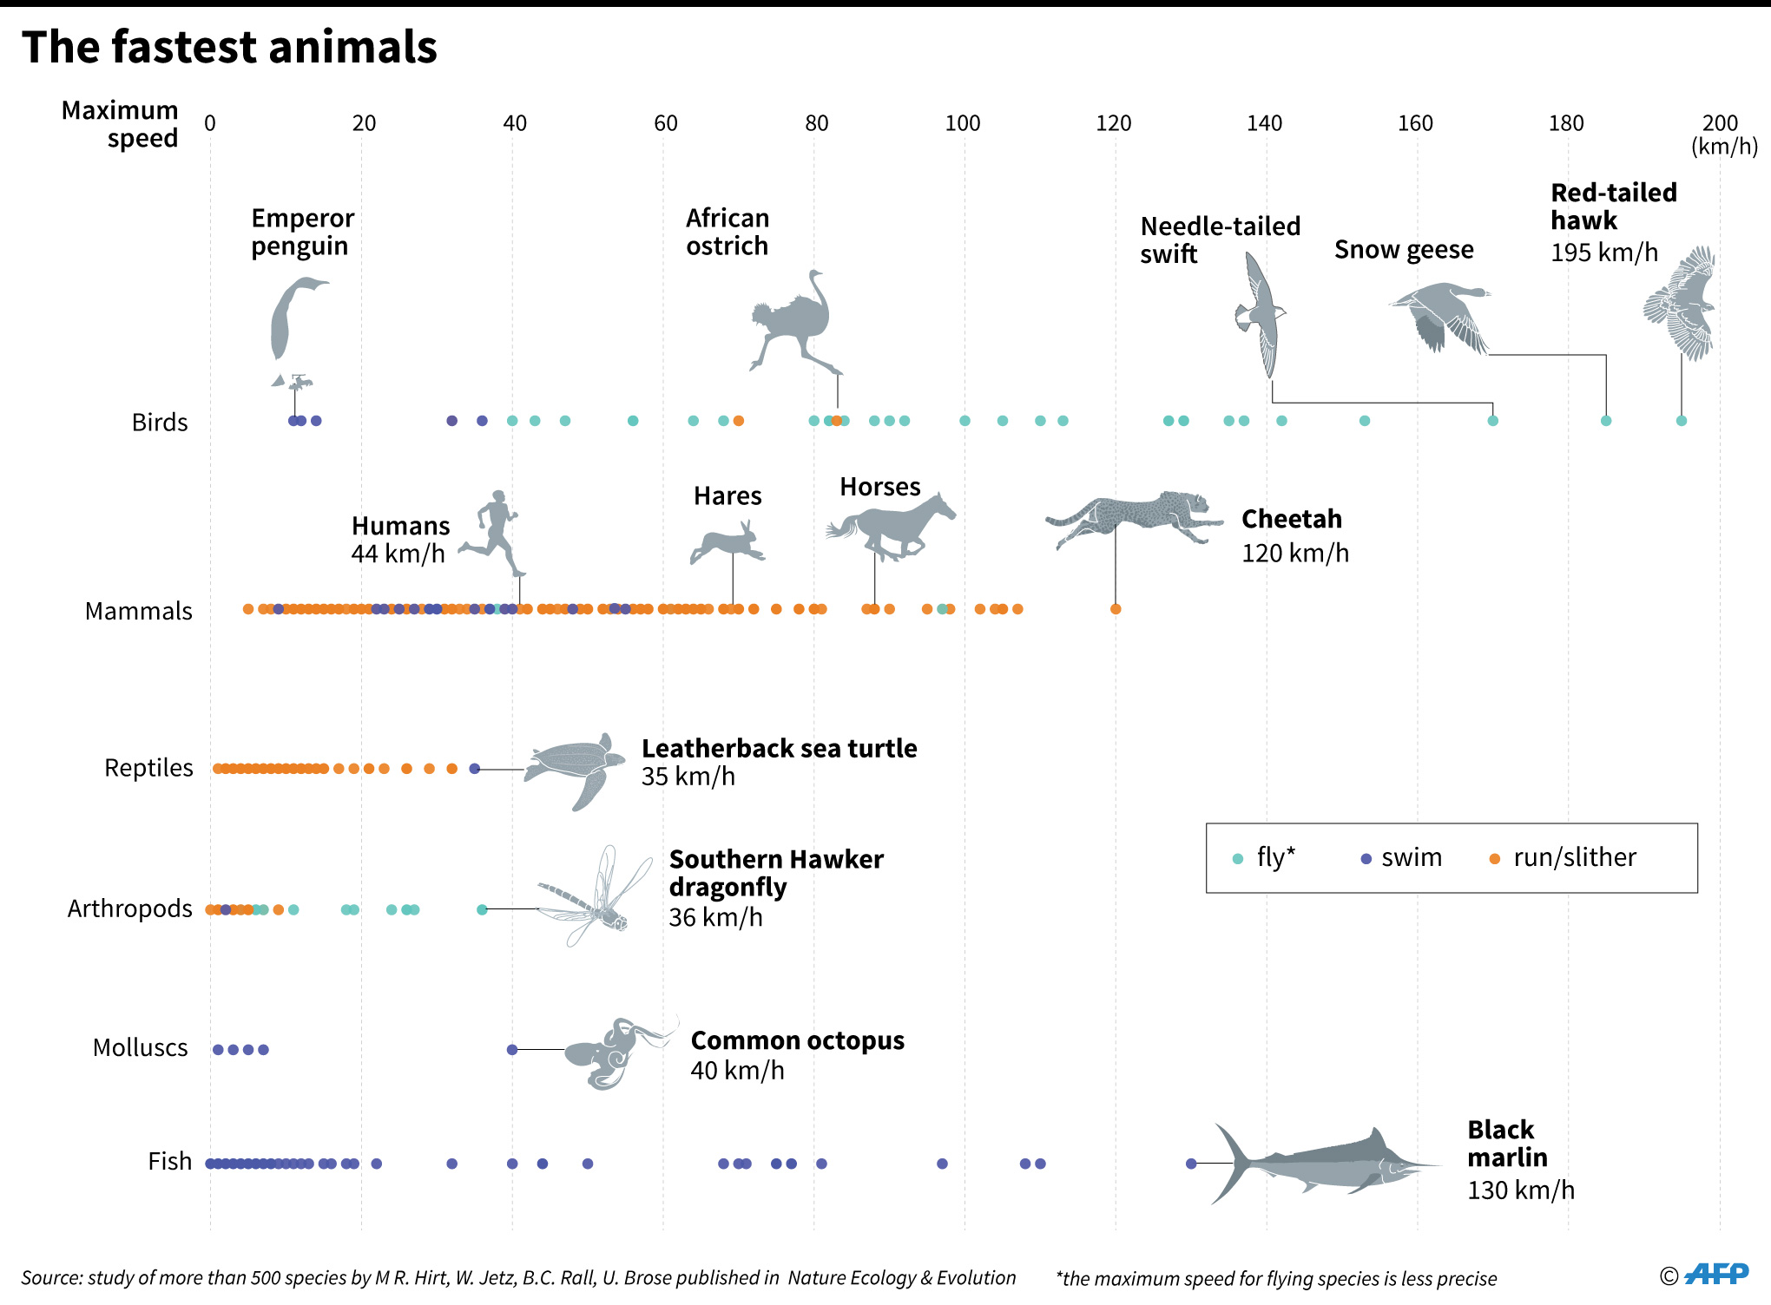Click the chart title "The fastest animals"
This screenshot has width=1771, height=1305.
tap(229, 47)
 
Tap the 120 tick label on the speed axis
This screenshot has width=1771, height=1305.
tap(1113, 123)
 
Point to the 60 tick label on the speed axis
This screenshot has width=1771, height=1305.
tap(665, 123)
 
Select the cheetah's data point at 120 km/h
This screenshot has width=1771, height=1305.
tap(1116, 609)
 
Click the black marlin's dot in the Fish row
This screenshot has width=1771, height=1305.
tap(1191, 1164)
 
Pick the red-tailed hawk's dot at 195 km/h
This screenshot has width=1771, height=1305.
tap(1682, 421)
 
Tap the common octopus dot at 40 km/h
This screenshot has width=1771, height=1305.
tap(512, 1050)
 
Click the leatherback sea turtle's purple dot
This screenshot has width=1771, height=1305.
tap(474, 769)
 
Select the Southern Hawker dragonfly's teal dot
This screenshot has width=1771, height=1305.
tap(482, 909)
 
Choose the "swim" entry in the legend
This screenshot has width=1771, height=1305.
tap(1401, 858)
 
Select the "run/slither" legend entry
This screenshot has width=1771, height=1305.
tap(1563, 858)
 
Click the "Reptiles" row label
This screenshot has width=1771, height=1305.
tap(148, 768)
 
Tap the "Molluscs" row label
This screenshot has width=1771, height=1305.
tap(140, 1048)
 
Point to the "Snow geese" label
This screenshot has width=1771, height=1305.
tap(1404, 250)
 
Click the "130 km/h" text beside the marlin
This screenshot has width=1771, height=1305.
tap(1520, 1190)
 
